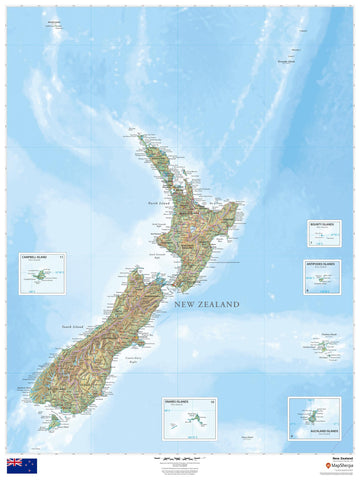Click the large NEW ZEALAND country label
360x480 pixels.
point(206,304)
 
